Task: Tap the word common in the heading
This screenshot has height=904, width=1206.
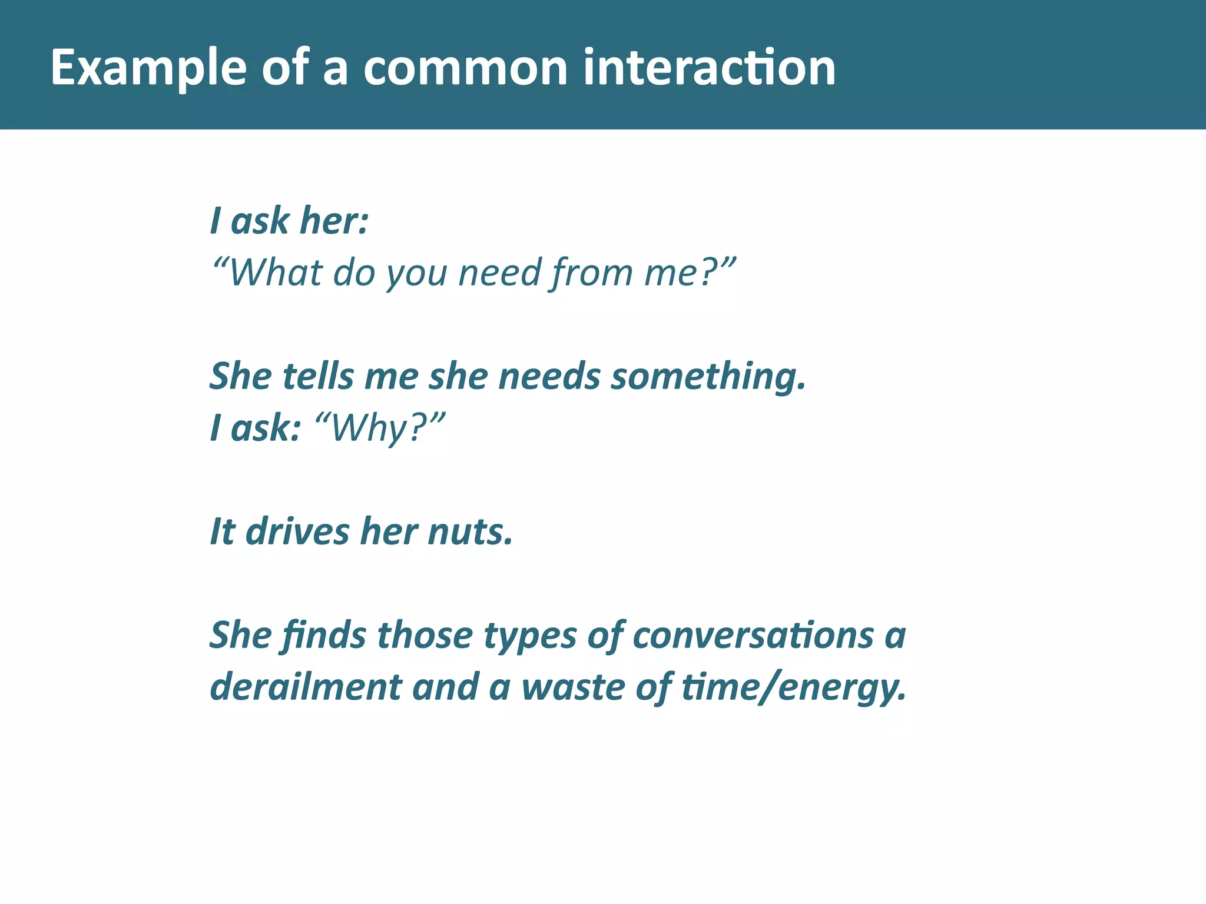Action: [465, 68]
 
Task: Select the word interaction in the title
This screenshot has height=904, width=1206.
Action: [709, 68]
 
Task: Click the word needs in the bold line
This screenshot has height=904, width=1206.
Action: [549, 376]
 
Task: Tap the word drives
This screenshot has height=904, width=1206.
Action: [297, 531]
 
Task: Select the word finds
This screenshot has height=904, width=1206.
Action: [323, 636]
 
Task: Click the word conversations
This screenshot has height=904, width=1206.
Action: [753, 636]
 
